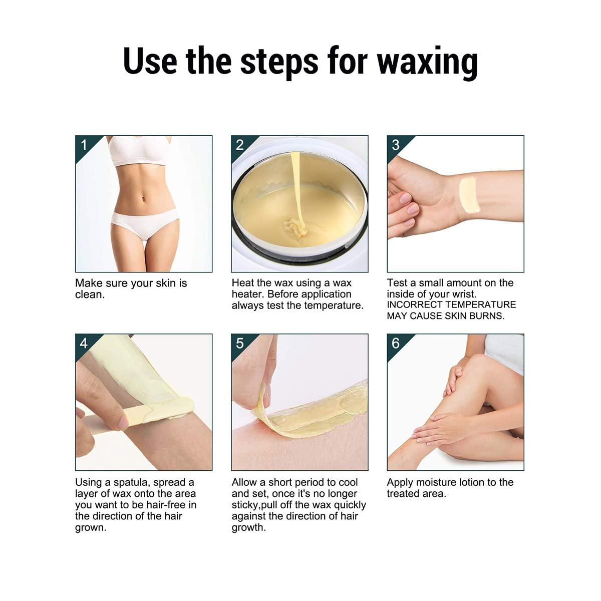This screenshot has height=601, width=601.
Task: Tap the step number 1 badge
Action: [x=84, y=145]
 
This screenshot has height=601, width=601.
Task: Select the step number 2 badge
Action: [x=240, y=145]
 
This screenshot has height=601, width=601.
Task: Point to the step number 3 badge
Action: [x=396, y=145]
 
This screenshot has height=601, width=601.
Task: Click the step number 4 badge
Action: [x=84, y=343]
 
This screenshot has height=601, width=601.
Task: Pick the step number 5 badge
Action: [x=240, y=343]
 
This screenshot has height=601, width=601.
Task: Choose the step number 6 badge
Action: [x=396, y=343]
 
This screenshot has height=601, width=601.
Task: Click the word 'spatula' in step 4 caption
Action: [x=132, y=482]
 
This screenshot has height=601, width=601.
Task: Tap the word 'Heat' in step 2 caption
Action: [x=243, y=283]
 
